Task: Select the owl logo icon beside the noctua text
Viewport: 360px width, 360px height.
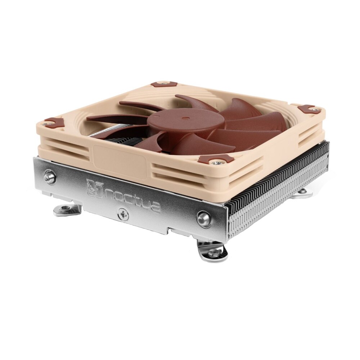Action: pyautogui.click(x=95, y=188)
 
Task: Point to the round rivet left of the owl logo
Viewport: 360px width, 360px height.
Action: pyautogui.click(x=50, y=177)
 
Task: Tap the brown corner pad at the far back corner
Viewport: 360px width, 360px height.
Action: pyautogui.click(x=161, y=85)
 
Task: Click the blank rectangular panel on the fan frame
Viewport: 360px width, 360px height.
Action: pyautogui.click(x=119, y=158)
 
